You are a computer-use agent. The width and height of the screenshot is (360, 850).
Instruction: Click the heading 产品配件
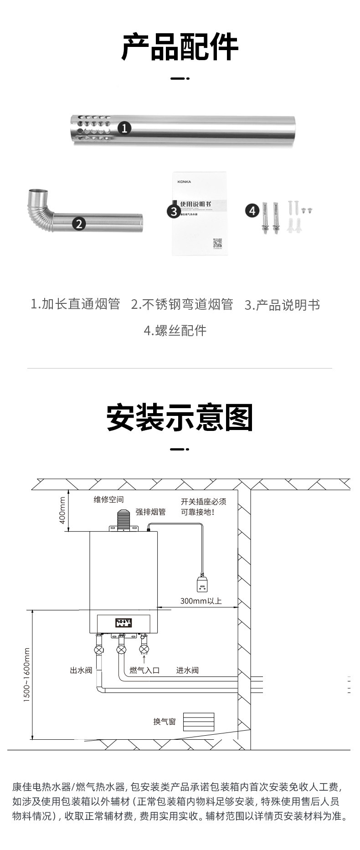click(x=180, y=46)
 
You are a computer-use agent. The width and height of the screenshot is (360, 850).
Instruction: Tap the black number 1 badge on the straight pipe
click(x=125, y=128)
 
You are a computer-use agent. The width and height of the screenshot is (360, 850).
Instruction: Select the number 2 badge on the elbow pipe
click(x=79, y=224)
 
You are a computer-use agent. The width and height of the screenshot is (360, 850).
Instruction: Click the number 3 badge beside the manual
click(x=174, y=211)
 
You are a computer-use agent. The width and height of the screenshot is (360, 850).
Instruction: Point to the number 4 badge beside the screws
click(x=252, y=210)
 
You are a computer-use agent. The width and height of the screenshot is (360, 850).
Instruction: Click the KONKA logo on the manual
click(x=184, y=182)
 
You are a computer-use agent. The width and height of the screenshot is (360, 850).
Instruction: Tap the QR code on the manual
click(x=217, y=243)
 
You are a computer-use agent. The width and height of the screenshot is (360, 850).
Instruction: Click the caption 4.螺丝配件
click(x=175, y=330)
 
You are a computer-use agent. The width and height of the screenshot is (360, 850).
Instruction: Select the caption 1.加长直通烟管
click(x=75, y=304)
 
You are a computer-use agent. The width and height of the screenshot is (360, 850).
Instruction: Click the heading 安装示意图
click(x=180, y=417)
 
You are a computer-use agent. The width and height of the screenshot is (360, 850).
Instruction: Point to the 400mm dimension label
click(x=62, y=510)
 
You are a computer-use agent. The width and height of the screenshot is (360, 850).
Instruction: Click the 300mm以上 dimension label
click(x=201, y=601)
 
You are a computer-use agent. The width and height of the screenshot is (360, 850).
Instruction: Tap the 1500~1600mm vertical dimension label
click(x=26, y=675)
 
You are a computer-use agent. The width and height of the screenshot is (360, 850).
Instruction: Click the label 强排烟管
click(x=151, y=512)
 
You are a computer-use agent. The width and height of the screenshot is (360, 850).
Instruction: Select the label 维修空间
click(x=109, y=500)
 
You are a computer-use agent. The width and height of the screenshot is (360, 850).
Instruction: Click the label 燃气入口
click(x=145, y=670)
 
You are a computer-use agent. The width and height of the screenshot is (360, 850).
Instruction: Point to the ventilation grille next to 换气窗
click(x=198, y=722)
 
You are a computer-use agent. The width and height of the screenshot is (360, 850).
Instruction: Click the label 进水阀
click(x=188, y=670)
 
